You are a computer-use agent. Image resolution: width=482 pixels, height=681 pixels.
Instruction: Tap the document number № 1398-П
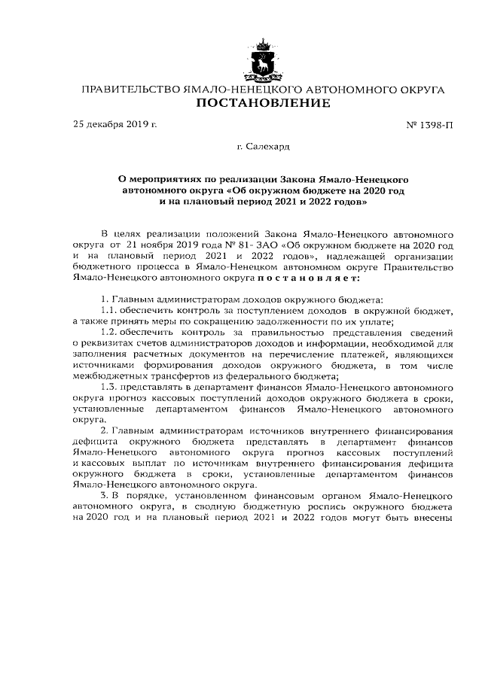pos(428,124)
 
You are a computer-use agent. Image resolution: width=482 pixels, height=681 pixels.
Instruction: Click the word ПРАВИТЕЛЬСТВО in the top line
pos(130,89)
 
